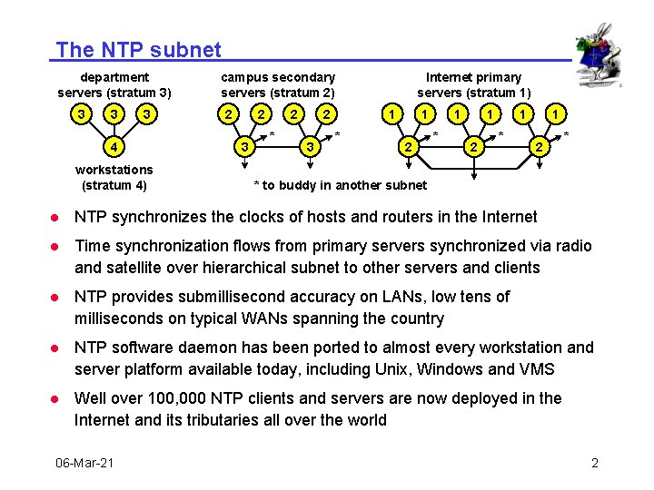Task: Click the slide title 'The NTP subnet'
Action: pos(138,50)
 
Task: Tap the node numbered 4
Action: pos(113,145)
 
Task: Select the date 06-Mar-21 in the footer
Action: pos(84,463)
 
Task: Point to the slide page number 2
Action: pos(595,463)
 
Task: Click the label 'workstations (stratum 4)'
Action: pos(114,177)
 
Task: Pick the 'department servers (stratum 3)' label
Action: pos(114,84)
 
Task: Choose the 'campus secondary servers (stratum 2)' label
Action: pos(278,84)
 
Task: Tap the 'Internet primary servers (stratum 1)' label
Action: pos(473,84)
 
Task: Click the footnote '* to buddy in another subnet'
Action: pos(340,185)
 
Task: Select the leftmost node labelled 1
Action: pos(391,114)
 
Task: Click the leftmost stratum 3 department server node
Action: pos(82,114)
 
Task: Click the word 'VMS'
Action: pos(537,369)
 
